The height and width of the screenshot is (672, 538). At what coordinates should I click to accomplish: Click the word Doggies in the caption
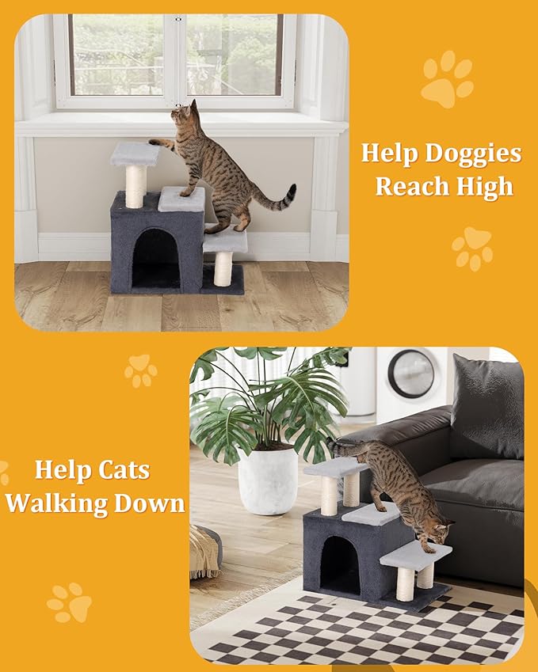pyautogui.click(x=475, y=153)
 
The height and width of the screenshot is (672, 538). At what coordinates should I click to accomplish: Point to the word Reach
pyautogui.click(x=412, y=187)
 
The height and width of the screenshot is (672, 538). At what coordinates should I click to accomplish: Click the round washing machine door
pyautogui.click(x=410, y=374)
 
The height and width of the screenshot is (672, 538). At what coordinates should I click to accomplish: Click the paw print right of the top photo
pyautogui.click(x=447, y=78)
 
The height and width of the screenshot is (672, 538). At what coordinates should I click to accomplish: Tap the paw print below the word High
pyautogui.click(x=472, y=248)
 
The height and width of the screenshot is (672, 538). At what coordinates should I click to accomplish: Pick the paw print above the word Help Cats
pyautogui.click(x=140, y=370)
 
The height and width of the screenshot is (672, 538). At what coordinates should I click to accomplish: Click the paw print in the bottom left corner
pyautogui.click(x=70, y=603)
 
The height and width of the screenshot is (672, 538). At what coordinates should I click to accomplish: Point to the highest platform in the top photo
pyautogui.click(x=135, y=153)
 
